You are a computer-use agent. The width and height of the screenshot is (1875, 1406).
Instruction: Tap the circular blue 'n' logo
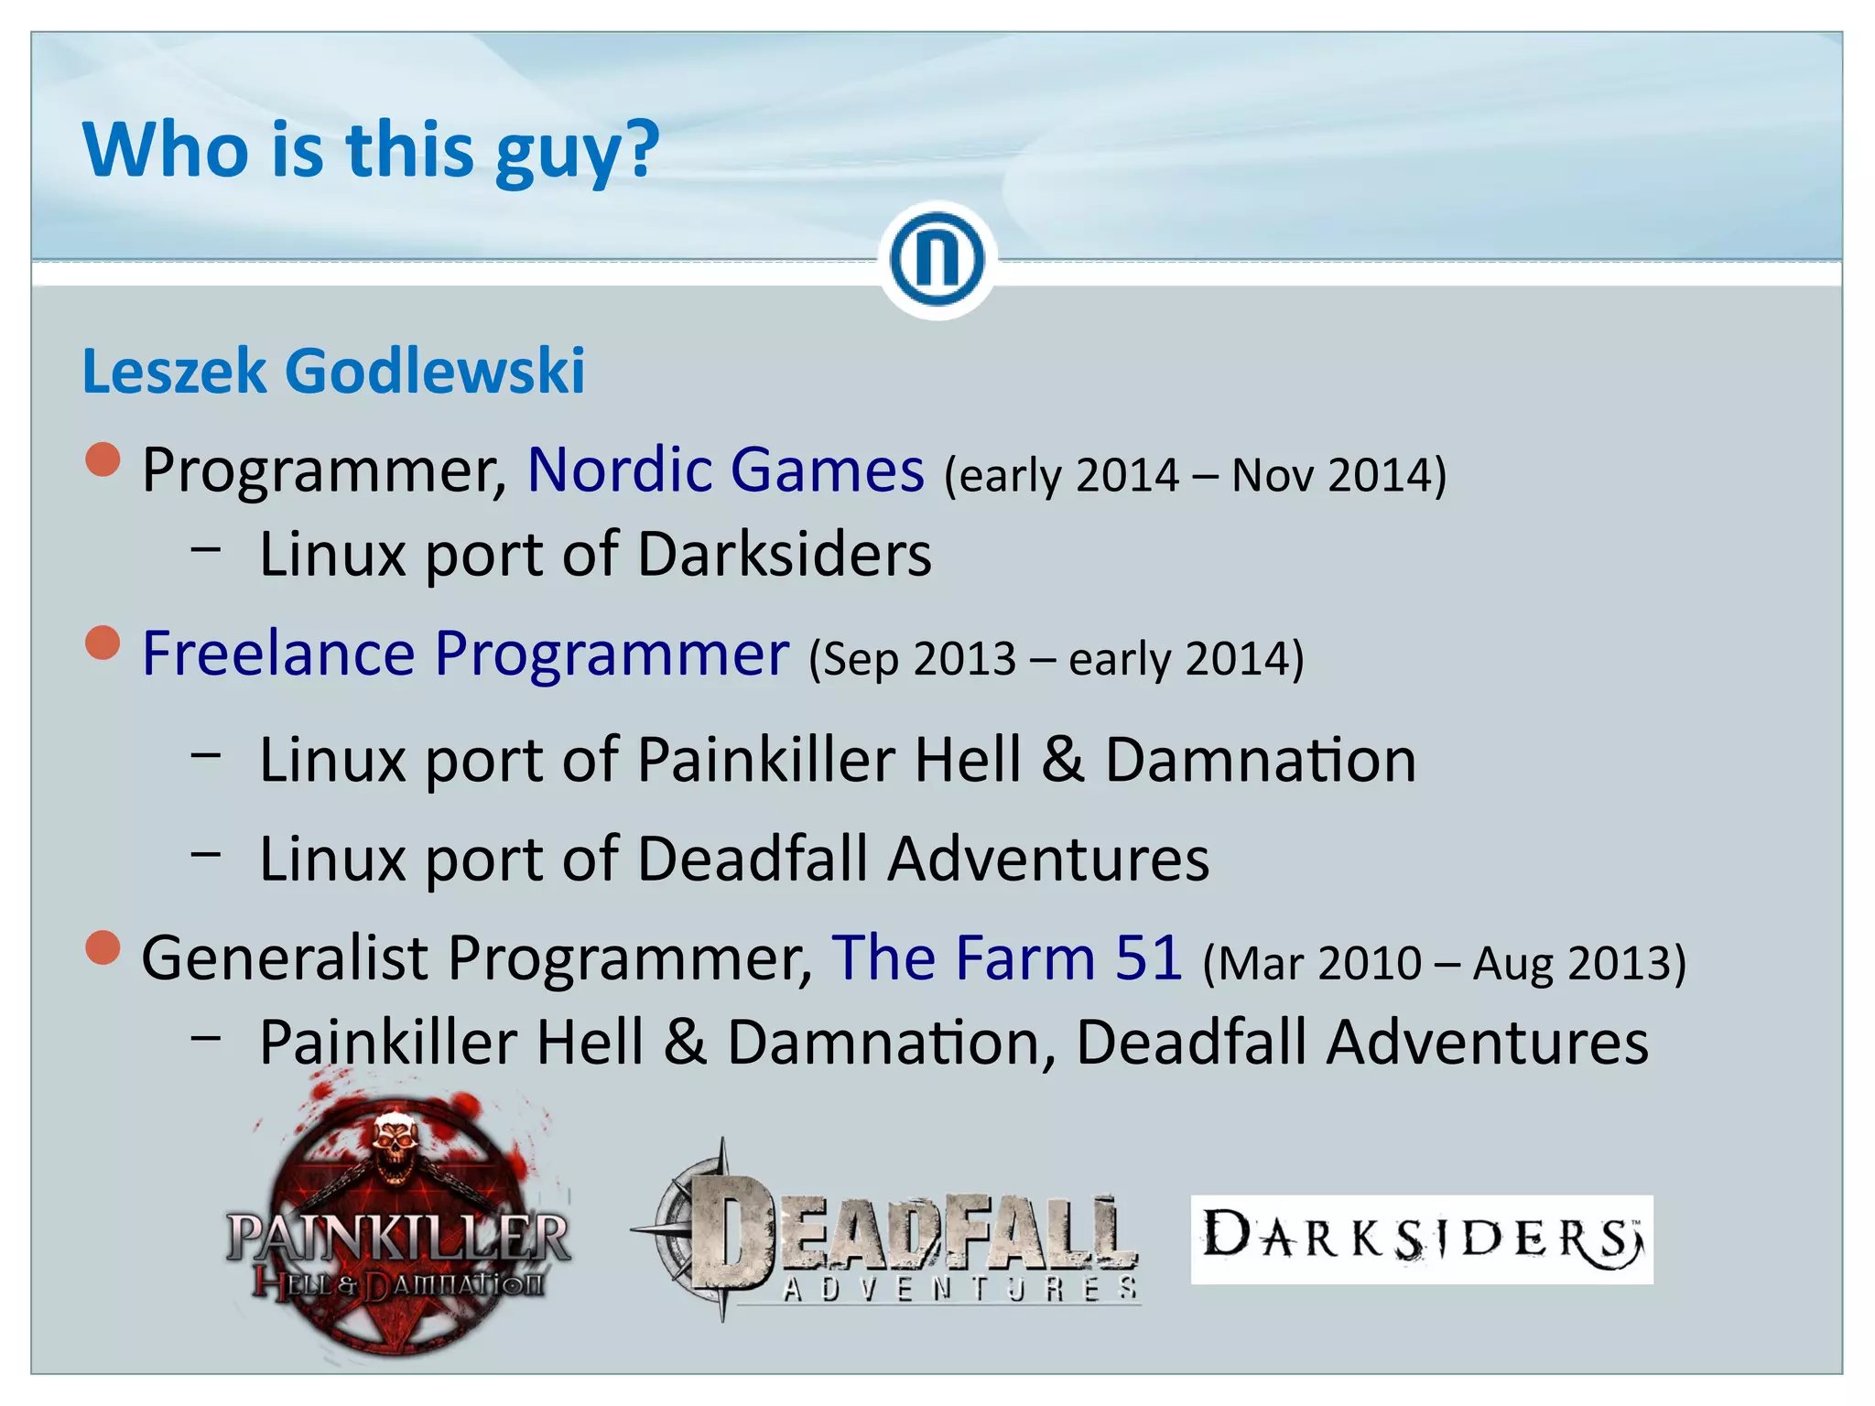pyautogui.click(x=937, y=260)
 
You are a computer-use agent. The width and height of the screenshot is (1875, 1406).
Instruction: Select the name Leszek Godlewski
pyautogui.click(x=333, y=371)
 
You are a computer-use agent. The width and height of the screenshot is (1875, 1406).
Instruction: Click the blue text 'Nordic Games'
pyautogui.click(x=726, y=470)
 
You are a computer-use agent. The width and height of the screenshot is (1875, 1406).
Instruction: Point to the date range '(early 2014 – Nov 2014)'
pyautogui.click(x=1195, y=475)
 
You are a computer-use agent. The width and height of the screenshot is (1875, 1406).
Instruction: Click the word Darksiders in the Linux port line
pyautogui.click(x=785, y=554)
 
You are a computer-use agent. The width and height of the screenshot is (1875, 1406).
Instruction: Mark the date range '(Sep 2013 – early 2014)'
pyautogui.click(x=1056, y=658)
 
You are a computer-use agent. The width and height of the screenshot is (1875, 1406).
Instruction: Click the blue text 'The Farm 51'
pyautogui.click(x=1006, y=957)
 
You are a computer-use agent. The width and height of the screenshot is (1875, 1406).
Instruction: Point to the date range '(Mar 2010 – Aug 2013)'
pyautogui.click(x=1444, y=963)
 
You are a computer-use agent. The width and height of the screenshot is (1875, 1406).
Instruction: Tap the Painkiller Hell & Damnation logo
pyautogui.click(x=398, y=1236)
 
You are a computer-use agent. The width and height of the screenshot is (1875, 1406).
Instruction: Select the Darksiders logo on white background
pyautogui.click(x=1421, y=1239)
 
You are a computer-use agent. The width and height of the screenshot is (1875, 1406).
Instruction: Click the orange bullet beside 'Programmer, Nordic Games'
pyautogui.click(x=103, y=460)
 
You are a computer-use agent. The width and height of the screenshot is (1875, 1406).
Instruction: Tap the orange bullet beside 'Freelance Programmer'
pyautogui.click(x=103, y=643)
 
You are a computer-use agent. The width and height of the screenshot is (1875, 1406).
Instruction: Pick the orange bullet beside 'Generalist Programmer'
pyautogui.click(x=103, y=947)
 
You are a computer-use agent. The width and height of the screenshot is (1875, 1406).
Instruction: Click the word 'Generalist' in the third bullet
pyautogui.click(x=285, y=957)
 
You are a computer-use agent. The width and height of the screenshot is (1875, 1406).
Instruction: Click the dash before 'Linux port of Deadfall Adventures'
pyautogui.click(x=206, y=853)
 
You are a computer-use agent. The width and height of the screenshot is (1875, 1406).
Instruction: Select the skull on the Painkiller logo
pyautogui.click(x=396, y=1144)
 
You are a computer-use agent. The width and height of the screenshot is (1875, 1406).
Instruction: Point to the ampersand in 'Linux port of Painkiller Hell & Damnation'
pyautogui.click(x=1062, y=760)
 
